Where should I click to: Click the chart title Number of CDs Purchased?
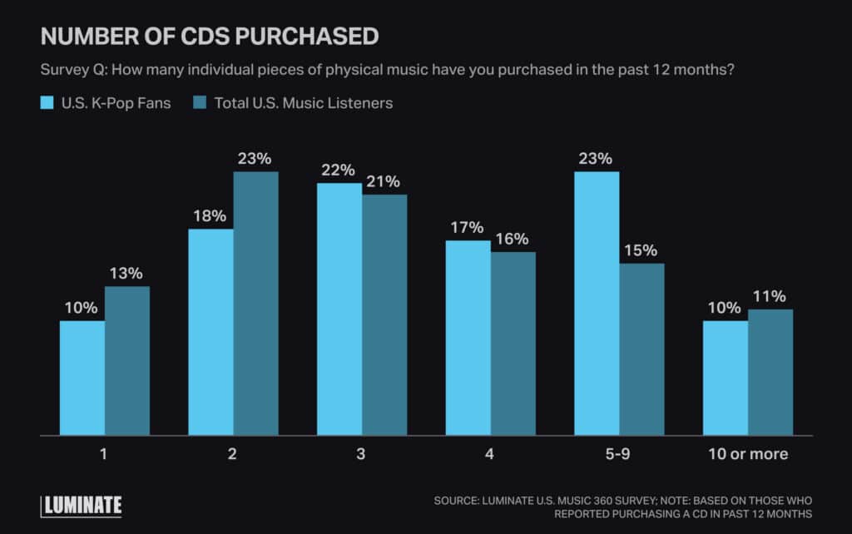coord(209,37)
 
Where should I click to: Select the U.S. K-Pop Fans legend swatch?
coord(47,104)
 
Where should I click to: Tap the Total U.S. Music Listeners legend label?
coord(303,104)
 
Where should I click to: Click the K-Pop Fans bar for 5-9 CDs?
coord(597,304)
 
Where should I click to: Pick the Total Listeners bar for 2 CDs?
coord(255,304)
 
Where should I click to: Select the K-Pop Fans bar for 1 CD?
coord(82,378)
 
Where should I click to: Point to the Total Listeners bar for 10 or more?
coord(770,373)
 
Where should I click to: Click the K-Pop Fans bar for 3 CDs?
coord(339,309)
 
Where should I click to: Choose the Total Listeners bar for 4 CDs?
coord(513,344)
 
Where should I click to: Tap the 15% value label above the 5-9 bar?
coord(641,250)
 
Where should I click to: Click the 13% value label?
coord(126,273)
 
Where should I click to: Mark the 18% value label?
coord(211,215)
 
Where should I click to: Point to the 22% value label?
coord(339,170)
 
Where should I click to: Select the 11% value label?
coord(770,296)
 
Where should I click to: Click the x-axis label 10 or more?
coord(747,454)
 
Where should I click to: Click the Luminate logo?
coord(82,505)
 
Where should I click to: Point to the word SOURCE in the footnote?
coord(460,501)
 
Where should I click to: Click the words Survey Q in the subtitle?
coord(72,70)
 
